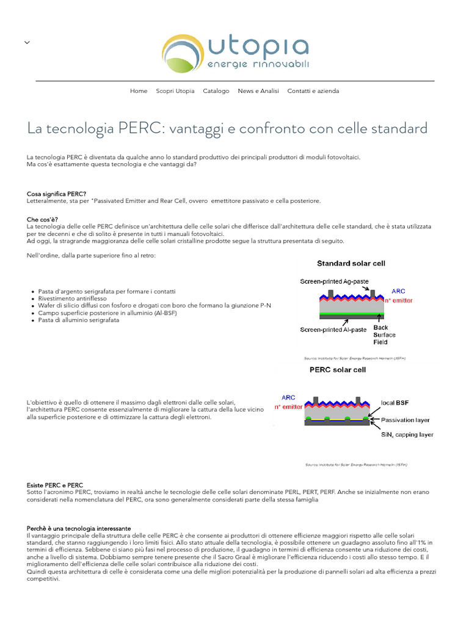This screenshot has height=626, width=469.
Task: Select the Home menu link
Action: tap(139, 91)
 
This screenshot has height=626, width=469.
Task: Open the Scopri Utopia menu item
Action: tap(175, 91)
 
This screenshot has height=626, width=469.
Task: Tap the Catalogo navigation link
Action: tap(216, 91)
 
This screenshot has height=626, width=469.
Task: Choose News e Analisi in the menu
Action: tap(258, 91)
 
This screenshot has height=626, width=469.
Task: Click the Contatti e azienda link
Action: tap(313, 91)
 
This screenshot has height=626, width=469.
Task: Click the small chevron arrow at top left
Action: tap(27, 42)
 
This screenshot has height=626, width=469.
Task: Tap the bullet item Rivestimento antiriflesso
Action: tap(72, 298)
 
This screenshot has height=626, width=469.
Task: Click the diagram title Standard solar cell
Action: tap(351, 263)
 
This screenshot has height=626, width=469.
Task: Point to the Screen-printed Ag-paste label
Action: tap(334, 282)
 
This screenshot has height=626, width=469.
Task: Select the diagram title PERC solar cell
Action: tap(338, 370)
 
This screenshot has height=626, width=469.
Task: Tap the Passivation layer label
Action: tap(405, 420)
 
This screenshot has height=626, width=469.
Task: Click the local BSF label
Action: tap(395, 403)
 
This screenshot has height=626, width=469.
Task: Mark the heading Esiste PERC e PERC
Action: tap(55, 485)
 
